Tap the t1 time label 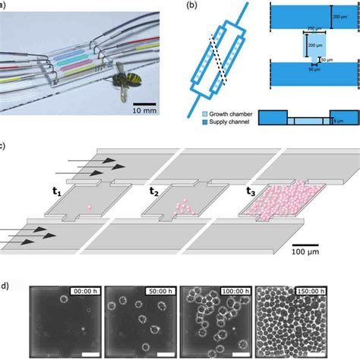tap(58, 192)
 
